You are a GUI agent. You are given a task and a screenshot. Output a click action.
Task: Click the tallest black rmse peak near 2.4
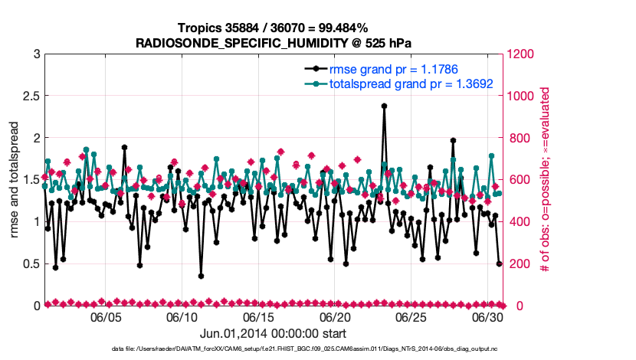coord(384,106)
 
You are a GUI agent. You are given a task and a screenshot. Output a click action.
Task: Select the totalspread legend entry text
coord(411,83)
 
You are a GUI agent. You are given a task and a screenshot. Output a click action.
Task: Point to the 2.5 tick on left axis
coord(30,96)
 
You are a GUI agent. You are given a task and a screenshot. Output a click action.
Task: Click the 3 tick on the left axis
coord(36,54)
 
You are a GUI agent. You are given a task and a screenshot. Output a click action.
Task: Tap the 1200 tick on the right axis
coord(523,54)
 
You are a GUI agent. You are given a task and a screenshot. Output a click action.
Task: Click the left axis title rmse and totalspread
coord(14,179)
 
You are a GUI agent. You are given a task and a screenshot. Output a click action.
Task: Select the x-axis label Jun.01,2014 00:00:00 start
coord(273,333)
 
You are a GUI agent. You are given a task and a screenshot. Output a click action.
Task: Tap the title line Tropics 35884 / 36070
coord(274,28)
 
